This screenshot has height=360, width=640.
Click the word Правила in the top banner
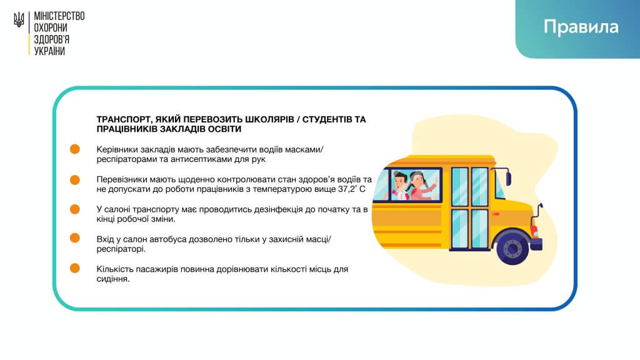[581, 27]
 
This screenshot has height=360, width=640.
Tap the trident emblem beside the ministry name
[19, 19]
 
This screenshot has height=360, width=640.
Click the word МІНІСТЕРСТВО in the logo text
[59, 16]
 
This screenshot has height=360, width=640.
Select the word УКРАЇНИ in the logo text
[49, 51]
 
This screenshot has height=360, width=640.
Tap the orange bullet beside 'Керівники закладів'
[75, 149]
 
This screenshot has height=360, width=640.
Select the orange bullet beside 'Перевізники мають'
[75, 179]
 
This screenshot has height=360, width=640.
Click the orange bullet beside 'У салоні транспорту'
[75, 209]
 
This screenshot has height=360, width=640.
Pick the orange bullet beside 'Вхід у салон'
[75, 238]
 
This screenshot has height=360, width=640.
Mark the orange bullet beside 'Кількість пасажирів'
[75, 268]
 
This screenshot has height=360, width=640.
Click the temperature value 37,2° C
[351, 189]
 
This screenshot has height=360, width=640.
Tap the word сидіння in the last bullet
[113, 279]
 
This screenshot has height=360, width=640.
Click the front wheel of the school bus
[512, 247]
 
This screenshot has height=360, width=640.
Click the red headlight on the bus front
[534, 231]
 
